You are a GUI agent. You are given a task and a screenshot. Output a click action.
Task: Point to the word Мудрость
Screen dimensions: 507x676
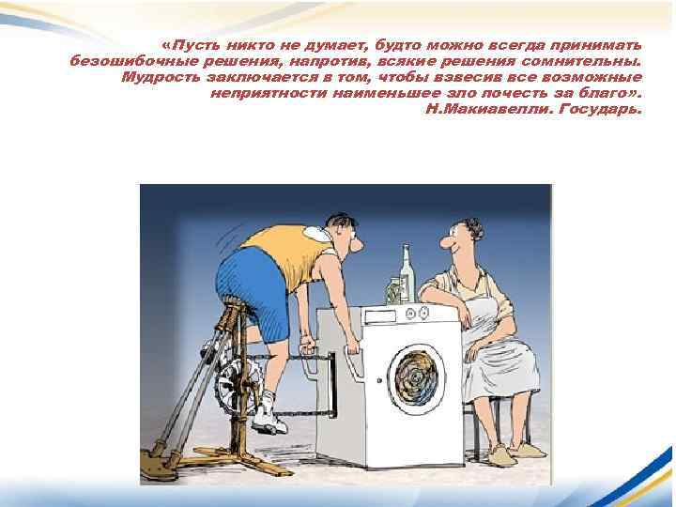(x=158, y=77)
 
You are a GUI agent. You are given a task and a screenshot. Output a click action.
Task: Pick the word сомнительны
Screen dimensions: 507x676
(x=586, y=61)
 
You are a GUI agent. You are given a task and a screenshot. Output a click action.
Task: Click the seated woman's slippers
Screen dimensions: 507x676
(x=521, y=453)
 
